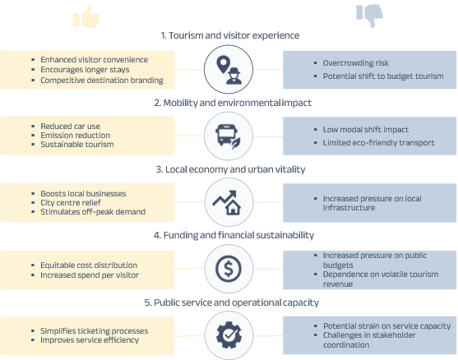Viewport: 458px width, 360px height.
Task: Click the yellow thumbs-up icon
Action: (x=86, y=16)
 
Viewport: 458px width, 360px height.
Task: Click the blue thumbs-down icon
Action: (x=369, y=16)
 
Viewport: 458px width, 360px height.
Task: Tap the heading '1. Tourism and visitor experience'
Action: (x=230, y=35)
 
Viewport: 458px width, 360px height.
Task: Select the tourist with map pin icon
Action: (x=229, y=70)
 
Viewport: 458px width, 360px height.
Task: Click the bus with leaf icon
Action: (x=228, y=136)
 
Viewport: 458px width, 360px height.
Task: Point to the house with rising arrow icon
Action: (x=227, y=202)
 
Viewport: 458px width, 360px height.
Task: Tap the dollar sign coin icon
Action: (x=229, y=269)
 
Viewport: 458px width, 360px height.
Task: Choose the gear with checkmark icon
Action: (x=229, y=335)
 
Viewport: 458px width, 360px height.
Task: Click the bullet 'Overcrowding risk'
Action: (x=356, y=63)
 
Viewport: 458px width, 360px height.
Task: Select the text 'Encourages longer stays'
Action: (x=85, y=70)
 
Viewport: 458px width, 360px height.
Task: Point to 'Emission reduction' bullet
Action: (x=75, y=136)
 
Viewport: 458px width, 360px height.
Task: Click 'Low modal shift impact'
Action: (x=366, y=130)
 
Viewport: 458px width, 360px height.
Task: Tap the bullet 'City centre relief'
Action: (x=71, y=203)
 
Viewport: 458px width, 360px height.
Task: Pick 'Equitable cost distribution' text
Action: (x=89, y=265)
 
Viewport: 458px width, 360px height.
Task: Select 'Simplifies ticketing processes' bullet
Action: (x=94, y=330)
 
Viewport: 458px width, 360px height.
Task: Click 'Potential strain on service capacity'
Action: (x=386, y=326)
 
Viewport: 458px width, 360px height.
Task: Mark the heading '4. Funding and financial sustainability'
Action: (x=234, y=235)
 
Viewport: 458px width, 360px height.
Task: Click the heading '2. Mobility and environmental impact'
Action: (x=233, y=103)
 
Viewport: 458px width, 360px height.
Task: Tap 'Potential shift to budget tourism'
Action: (x=383, y=76)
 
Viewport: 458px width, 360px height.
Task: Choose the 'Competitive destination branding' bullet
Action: (x=102, y=81)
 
